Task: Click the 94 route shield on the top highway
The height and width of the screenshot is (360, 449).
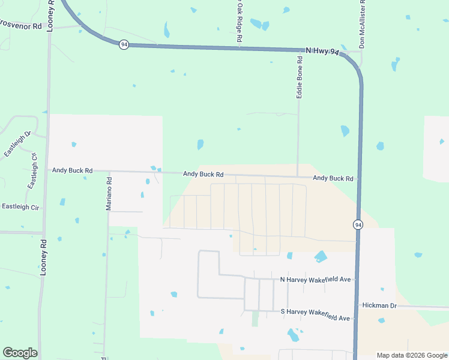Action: click(x=123, y=45)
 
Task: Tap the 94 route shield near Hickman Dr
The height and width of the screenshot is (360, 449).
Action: click(x=357, y=224)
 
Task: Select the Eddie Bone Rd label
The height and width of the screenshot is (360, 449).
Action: click(x=299, y=77)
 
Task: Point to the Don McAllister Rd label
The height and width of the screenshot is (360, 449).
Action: click(x=362, y=25)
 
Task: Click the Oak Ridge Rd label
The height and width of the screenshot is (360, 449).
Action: click(x=239, y=22)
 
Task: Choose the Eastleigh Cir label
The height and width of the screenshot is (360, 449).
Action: click(x=20, y=207)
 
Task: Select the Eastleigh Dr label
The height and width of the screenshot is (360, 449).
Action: click(x=17, y=145)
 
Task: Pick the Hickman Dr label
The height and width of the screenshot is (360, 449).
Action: click(x=379, y=305)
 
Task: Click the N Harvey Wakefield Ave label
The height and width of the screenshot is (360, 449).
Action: click(x=316, y=280)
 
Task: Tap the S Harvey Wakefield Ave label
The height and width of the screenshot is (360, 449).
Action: click(x=315, y=314)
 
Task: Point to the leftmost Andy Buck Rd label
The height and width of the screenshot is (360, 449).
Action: click(x=72, y=170)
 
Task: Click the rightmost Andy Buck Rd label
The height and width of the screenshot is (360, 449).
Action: click(x=333, y=178)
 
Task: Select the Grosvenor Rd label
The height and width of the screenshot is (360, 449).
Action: click(x=21, y=26)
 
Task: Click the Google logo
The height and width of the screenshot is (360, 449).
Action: click(x=20, y=352)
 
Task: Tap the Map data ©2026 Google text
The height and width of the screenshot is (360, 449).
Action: click(x=411, y=355)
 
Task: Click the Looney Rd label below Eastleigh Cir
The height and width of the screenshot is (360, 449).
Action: click(x=43, y=257)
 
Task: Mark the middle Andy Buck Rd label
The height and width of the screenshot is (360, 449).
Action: click(x=203, y=174)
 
